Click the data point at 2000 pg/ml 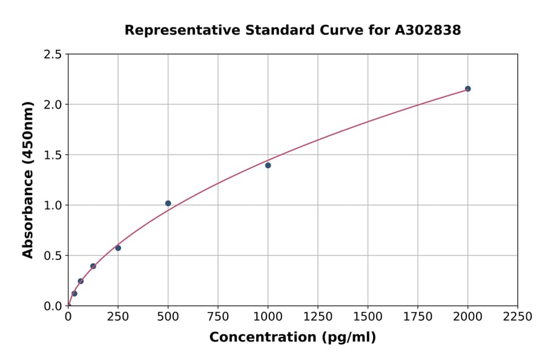(x=467, y=88)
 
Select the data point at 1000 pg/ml (x=268, y=165)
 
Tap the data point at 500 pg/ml (x=168, y=203)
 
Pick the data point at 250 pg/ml (x=118, y=248)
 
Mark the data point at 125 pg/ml (x=93, y=266)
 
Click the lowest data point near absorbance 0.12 (x=74, y=293)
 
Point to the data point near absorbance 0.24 (x=81, y=281)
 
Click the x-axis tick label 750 (x=218, y=316)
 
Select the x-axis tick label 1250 (x=318, y=316)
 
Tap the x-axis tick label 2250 (x=518, y=316)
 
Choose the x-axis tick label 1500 (x=368, y=316)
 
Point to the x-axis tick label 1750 (x=418, y=316)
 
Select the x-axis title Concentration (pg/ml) (x=292, y=338)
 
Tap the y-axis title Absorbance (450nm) (x=28, y=180)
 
